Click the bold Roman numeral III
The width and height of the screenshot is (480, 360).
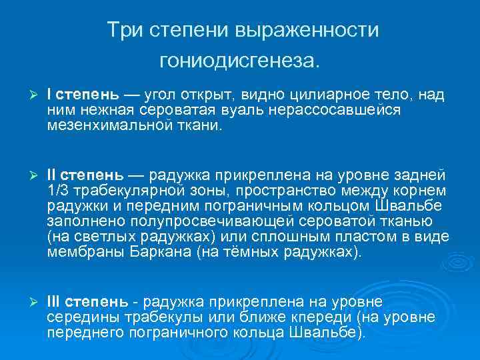[x=53, y=303]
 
